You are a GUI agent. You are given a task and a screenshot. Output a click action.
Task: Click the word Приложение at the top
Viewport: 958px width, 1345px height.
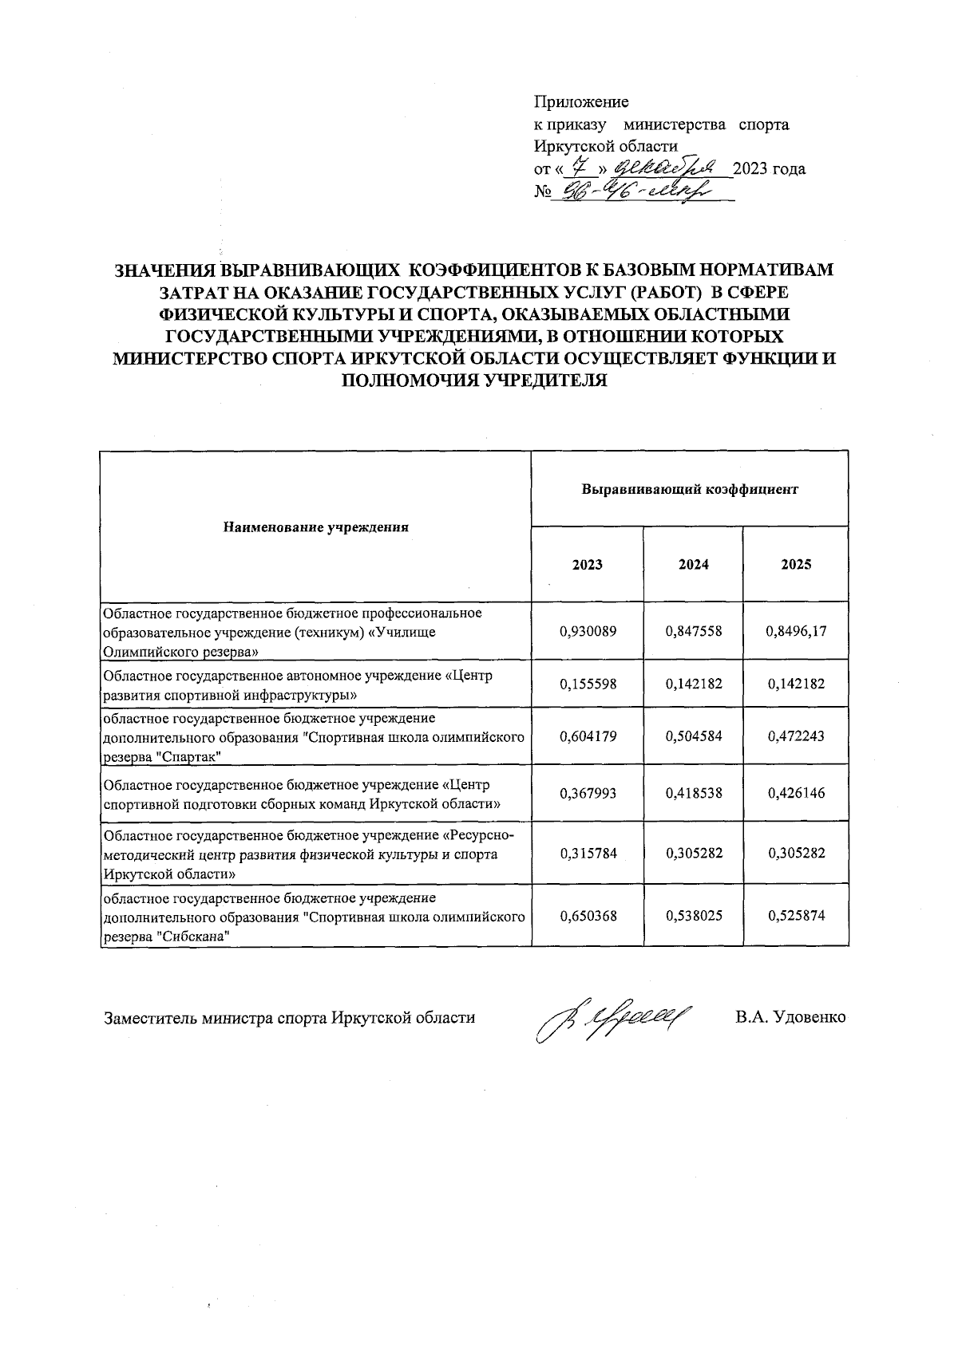(x=581, y=102)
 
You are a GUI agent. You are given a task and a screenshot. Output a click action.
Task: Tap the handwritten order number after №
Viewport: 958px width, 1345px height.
(x=631, y=191)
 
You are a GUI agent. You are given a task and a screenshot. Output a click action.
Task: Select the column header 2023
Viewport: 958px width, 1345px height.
(x=588, y=564)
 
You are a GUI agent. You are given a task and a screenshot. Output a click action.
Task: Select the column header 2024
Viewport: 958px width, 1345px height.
(x=693, y=564)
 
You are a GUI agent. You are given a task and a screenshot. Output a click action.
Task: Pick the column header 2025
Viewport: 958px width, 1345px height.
(x=796, y=564)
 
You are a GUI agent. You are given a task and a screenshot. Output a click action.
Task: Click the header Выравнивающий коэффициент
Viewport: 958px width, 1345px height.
(x=690, y=489)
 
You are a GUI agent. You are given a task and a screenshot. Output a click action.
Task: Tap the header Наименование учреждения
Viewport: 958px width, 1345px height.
(x=316, y=527)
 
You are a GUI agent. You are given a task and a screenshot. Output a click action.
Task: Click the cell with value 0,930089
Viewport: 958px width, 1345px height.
(x=588, y=631)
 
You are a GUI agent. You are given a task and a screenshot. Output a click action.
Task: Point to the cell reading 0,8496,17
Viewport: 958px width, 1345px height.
(x=796, y=631)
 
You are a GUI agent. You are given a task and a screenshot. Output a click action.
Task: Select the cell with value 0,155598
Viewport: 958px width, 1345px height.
(x=588, y=684)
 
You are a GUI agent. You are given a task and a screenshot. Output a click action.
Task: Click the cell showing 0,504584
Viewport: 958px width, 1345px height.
(x=693, y=736)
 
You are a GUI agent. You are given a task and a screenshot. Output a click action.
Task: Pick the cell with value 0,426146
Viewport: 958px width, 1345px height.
(x=796, y=794)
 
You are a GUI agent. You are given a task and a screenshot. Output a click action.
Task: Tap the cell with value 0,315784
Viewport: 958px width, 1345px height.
(x=588, y=854)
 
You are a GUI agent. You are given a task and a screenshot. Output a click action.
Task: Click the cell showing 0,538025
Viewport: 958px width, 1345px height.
(x=693, y=916)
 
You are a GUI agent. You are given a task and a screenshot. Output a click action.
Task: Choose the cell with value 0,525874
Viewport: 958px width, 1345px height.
(x=796, y=916)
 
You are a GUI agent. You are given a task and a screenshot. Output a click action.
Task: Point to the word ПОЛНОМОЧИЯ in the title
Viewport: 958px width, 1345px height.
(x=407, y=381)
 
